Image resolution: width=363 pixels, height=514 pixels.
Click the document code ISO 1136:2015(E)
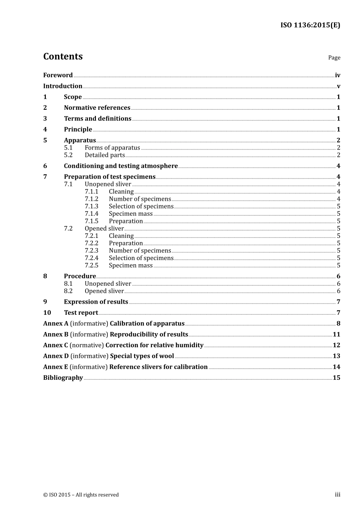tap(310, 25)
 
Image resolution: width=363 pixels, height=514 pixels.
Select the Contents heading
tap(63, 57)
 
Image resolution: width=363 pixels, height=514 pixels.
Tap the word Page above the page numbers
tap(334, 58)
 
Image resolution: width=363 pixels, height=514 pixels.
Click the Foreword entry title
tap(58, 75)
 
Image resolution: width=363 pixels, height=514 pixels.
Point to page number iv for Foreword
tap(337, 75)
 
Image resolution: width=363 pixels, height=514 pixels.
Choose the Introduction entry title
tap(63, 86)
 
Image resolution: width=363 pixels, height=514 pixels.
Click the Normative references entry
tap(97, 108)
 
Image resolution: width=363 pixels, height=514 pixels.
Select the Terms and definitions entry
tap(97, 119)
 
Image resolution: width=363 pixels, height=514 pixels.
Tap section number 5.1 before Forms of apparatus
tap(68, 148)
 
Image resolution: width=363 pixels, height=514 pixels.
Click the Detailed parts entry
tap(105, 155)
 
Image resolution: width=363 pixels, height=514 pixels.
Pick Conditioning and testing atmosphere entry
tap(121, 166)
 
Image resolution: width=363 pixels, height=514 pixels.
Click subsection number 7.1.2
tap(91, 199)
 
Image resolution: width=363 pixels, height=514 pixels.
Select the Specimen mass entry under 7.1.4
tap(131, 214)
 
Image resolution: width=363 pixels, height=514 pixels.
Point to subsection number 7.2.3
tap(91, 250)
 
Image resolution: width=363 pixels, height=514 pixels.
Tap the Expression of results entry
tap(96, 302)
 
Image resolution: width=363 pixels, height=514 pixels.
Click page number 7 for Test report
tap(338, 313)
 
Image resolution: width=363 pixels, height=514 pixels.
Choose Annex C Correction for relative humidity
tap(123, 345)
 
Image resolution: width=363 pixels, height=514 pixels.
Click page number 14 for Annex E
tap(336, 367)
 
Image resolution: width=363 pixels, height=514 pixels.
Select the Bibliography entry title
tap(63, 378)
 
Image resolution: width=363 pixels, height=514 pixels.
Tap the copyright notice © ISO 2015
tap(81, 495)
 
